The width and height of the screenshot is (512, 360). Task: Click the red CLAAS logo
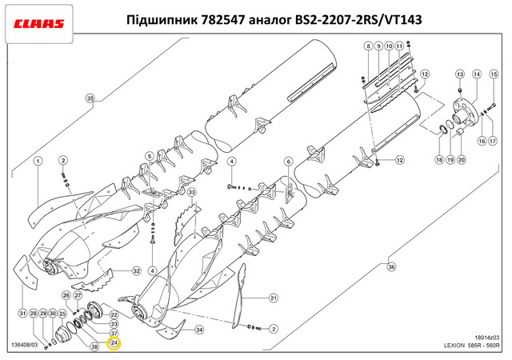39,24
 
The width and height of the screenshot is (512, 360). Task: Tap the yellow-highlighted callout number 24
114,343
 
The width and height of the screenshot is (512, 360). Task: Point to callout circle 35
90,98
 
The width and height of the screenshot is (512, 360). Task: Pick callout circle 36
391,267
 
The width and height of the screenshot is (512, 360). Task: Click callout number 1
38,161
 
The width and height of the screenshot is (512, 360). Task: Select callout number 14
477,74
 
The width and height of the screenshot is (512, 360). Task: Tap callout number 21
274,298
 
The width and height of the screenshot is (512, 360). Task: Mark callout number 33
191,192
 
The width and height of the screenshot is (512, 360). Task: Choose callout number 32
137,271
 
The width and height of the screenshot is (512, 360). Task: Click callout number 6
288,162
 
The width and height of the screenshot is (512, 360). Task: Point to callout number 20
461,160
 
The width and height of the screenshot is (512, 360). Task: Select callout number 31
22,314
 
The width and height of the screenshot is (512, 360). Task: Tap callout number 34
199,330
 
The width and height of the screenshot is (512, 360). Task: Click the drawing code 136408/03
25,345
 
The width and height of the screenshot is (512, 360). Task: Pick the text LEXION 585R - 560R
471,346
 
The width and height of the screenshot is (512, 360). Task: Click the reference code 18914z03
487,338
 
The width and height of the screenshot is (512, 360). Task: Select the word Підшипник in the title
162,20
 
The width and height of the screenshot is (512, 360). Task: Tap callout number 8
368,46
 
